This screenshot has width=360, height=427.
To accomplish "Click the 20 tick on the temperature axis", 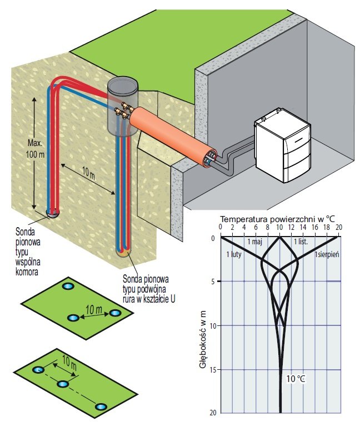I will (x=339, y=227).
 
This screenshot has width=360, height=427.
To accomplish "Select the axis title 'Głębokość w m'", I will (x=203, y=332).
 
